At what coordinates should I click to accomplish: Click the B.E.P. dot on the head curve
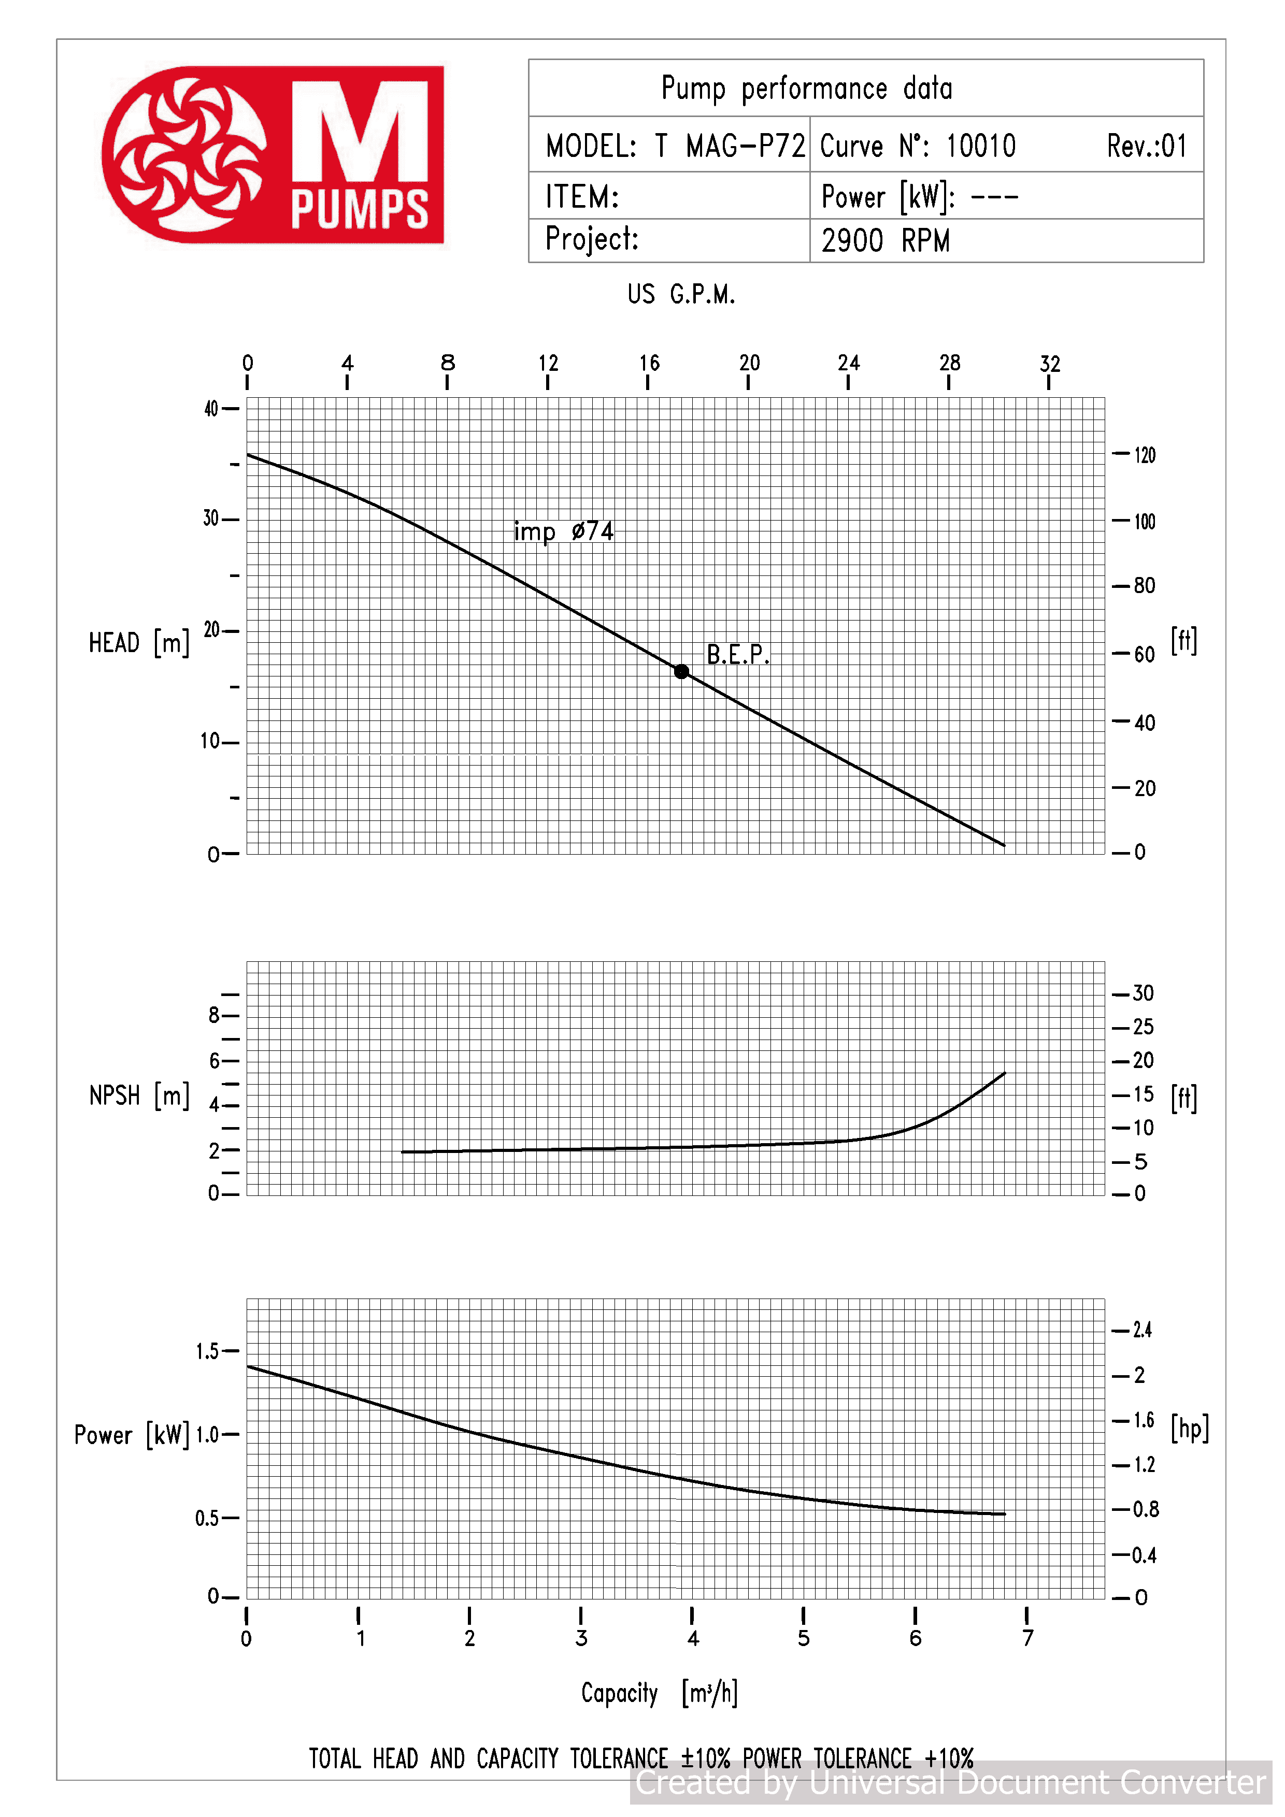[x=681, y=671]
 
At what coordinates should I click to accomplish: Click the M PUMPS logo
[x=273, y=154]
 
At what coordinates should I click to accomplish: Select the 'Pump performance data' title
[x=807, y=89]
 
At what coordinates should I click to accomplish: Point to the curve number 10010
[x=981, y=146]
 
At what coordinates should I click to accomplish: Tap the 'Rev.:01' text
[x=1147, y=146]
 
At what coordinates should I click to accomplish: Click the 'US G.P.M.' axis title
[x=681, y=294]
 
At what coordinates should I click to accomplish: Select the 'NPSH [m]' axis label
[x=139, y=1095]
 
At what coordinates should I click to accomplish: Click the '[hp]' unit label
[x=1189, y=1427]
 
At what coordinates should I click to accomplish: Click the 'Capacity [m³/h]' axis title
[x=660, y=1694]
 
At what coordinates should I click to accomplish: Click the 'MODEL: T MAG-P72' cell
[x=675, y=146]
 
